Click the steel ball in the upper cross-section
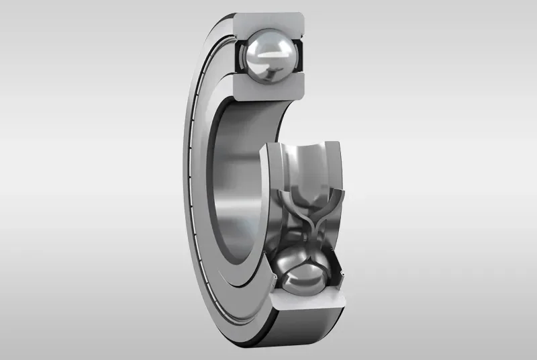point(268,58)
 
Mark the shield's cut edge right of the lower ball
point(343,274)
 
